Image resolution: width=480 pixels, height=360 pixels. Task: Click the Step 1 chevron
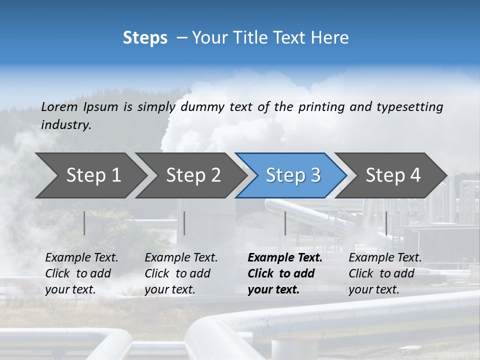90,175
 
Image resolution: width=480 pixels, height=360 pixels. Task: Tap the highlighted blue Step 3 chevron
292,175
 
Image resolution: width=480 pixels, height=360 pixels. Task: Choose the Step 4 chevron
392,175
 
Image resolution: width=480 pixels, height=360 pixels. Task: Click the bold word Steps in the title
145,38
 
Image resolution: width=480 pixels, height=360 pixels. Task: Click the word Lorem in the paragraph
59,106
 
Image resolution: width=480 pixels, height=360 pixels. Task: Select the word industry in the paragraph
65,125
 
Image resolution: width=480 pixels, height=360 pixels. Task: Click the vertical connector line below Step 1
84,223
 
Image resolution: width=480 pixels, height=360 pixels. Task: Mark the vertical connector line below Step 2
184,223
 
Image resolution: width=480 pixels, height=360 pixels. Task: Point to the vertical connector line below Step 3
285,223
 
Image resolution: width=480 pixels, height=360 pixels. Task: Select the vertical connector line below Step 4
386,223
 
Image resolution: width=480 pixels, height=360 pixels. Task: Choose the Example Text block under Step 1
81,273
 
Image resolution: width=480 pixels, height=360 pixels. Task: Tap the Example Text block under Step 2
181,273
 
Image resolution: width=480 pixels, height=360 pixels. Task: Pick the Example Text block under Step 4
384,273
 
